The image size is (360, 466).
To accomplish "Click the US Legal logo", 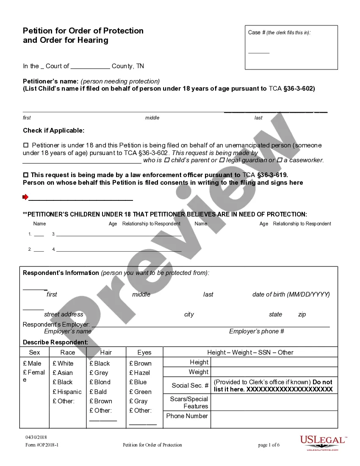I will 323,443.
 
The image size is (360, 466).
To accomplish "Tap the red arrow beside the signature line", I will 25,197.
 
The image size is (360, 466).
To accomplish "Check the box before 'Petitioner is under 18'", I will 25,145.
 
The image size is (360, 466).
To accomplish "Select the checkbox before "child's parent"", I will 166,160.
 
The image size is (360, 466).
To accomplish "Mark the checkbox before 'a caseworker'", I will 279,160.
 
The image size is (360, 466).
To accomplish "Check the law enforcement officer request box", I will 25,175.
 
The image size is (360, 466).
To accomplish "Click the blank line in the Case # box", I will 258,52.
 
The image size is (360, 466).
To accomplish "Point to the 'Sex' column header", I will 34,352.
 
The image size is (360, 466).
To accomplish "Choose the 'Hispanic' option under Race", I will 55,392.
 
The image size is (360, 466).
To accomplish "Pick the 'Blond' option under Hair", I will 91,382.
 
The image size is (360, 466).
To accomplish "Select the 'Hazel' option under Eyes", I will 131,373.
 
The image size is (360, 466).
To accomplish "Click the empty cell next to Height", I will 274,362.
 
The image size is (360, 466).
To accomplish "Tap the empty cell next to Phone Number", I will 274,419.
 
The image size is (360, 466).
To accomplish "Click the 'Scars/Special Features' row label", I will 189,402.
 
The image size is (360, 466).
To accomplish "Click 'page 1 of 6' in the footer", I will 269,445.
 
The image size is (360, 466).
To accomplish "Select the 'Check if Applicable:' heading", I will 53,130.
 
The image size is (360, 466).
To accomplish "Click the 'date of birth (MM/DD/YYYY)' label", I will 291,294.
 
